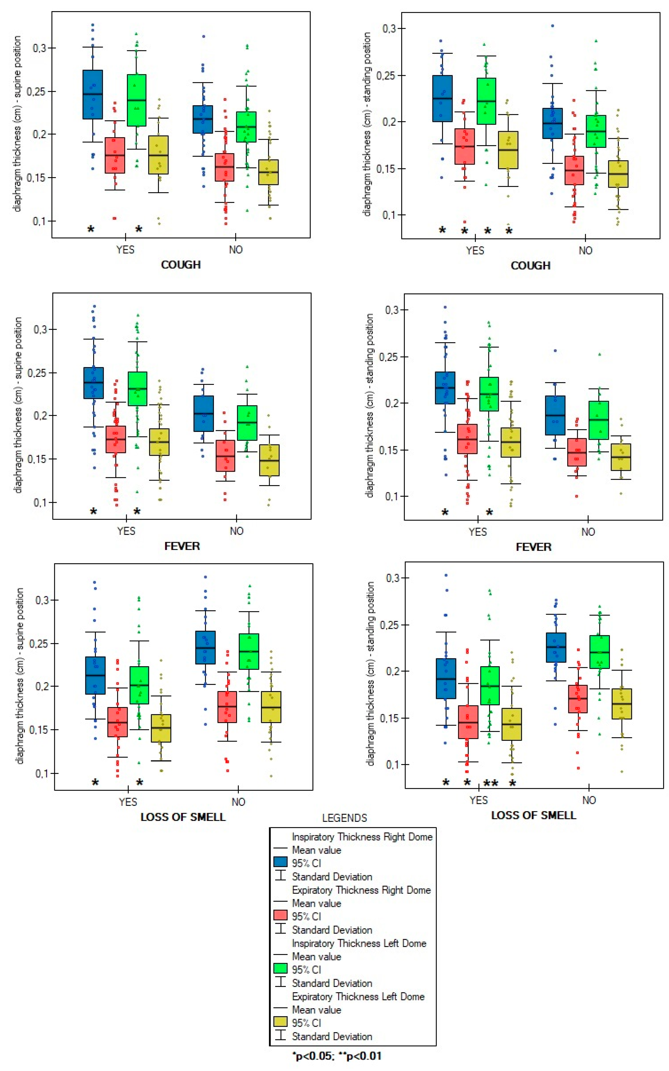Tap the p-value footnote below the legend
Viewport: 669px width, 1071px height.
point(337,1056)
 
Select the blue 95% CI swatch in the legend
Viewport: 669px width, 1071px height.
point(280,862)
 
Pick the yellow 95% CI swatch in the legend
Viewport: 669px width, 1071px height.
point(280,1022)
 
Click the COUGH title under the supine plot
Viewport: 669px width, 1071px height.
point(181,265)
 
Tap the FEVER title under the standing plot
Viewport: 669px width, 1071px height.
point(534,547)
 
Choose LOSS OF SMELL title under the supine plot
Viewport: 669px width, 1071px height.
point(183,817)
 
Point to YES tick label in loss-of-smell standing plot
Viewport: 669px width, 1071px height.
point(478,800)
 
